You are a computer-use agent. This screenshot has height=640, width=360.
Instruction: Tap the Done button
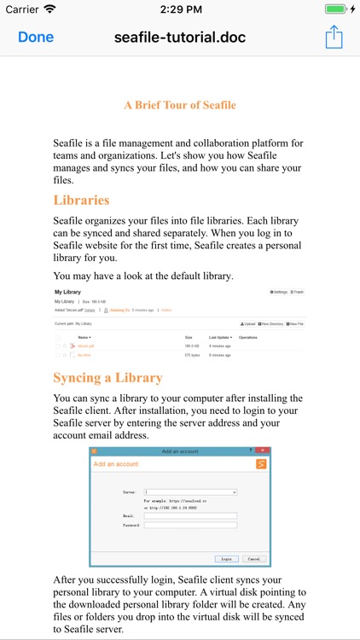coord(36,38)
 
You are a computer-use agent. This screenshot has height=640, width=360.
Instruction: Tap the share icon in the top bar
coord(334,38)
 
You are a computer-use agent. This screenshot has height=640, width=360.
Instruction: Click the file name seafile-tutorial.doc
coord(180,38)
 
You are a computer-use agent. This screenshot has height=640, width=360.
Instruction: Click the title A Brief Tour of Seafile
coord(180,105)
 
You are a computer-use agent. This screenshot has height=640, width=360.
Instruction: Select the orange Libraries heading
coord(81,201)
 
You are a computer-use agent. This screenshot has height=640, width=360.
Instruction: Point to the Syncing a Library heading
coord(107,377)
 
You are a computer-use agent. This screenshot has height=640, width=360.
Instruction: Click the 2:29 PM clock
coord(179,9)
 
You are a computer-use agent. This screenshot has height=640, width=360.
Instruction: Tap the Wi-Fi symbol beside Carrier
coord(49,9)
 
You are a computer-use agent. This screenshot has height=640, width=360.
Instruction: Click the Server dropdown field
coord(190,492)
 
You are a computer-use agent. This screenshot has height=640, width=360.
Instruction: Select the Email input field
coord(190,515)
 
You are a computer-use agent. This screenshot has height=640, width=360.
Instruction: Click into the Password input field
coord(190,525)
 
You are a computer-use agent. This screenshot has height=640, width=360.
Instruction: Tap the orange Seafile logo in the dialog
coord(261,464)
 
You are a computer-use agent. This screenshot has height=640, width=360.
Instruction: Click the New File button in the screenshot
coord(295,324)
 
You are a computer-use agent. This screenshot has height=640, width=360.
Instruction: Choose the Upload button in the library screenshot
coord(249,324)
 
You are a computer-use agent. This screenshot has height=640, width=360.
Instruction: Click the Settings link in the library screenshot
coord(278,292)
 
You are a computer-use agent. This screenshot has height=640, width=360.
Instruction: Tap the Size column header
coord(189,337)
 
